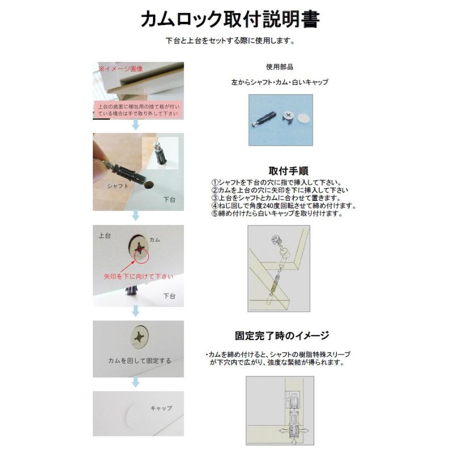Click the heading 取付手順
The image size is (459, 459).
288,171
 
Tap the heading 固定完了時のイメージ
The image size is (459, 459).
282,336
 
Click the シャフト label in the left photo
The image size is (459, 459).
118,186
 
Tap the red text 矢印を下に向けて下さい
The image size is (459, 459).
138,276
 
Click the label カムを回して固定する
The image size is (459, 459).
139,361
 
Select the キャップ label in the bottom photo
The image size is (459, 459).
161,408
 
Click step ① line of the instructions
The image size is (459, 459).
275,183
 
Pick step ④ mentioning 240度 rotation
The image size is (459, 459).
283,206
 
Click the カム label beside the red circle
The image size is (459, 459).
155,239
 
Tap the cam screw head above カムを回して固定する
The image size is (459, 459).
139,337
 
